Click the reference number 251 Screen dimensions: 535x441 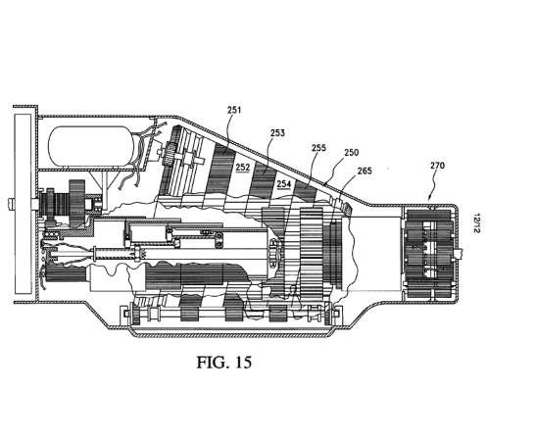234,110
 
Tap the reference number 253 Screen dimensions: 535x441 277,132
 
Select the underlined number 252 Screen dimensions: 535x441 243,167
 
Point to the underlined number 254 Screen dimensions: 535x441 283,184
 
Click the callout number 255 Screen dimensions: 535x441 318,148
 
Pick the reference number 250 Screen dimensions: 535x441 352,152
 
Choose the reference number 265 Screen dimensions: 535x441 365,171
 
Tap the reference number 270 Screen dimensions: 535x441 437,166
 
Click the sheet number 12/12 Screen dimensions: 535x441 476,223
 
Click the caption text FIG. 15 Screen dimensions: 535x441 223,363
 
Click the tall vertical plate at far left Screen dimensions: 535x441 24,204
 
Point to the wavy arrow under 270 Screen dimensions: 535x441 433,185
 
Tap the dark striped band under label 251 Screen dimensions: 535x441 221,171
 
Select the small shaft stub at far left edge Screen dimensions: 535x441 11,203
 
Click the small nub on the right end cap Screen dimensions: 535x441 460,253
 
